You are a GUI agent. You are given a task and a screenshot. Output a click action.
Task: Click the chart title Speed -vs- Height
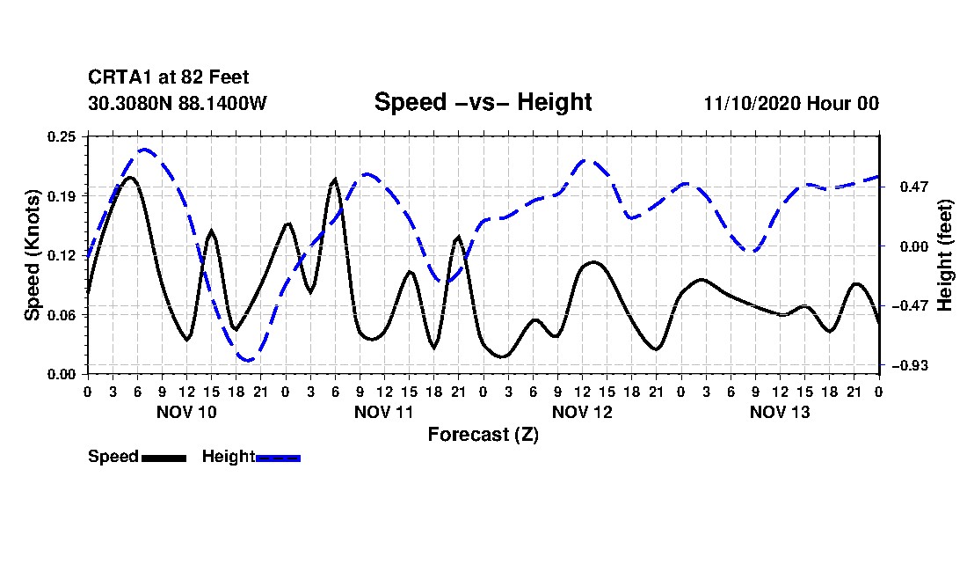click(483, 102)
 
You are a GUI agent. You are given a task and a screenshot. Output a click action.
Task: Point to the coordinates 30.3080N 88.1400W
click(178, 104)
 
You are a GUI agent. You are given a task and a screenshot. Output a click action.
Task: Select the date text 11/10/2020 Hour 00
click(791, 104)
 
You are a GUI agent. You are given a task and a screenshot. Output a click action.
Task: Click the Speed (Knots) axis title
click(33, 254)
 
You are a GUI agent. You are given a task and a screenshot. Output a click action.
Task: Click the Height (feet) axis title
click(945, 254)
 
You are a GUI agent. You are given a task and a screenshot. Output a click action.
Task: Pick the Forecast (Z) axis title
click(483, 435)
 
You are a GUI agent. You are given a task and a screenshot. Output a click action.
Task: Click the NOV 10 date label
click(186, 412)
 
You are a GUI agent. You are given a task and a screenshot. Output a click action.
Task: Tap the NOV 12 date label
click(582, 412)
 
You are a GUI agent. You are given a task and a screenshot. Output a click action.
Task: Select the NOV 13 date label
click(780, 412)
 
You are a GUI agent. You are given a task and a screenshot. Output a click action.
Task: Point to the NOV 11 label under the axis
click(384, 412)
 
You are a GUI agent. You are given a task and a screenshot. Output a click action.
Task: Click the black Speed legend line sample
click(164, 458)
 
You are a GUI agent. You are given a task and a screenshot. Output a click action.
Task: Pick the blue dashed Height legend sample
click(278, 458)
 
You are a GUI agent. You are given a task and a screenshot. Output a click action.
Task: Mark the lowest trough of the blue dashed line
click(249, 360)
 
